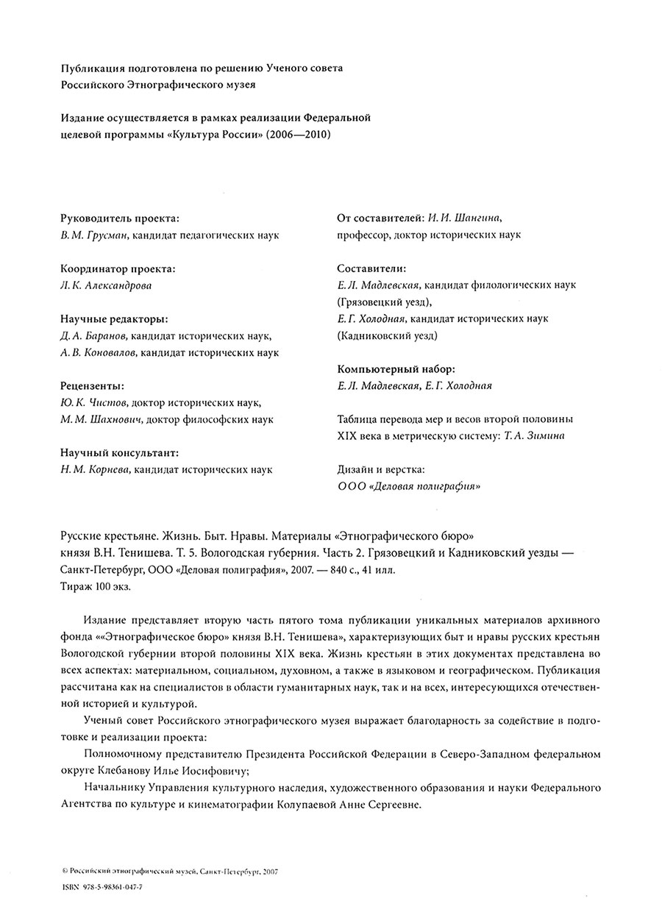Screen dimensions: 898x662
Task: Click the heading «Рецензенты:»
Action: click(x=92, y=386)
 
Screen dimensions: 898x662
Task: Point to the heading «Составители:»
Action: click(x=371, y=269)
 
